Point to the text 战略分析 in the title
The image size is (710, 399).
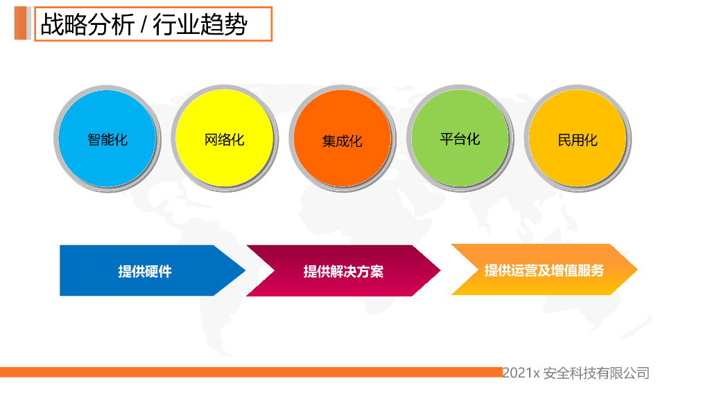pos(85,25)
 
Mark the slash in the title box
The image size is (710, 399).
pos(142,26)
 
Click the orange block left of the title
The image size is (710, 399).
pos(21,24)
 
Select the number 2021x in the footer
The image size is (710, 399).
pos(520,373)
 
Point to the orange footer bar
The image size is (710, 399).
pos(250,372)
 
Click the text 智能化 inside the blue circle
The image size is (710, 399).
pos(107,139)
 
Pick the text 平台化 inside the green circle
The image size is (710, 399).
pos(460,139)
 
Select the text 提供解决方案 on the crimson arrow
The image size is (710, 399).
pos(343,272)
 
